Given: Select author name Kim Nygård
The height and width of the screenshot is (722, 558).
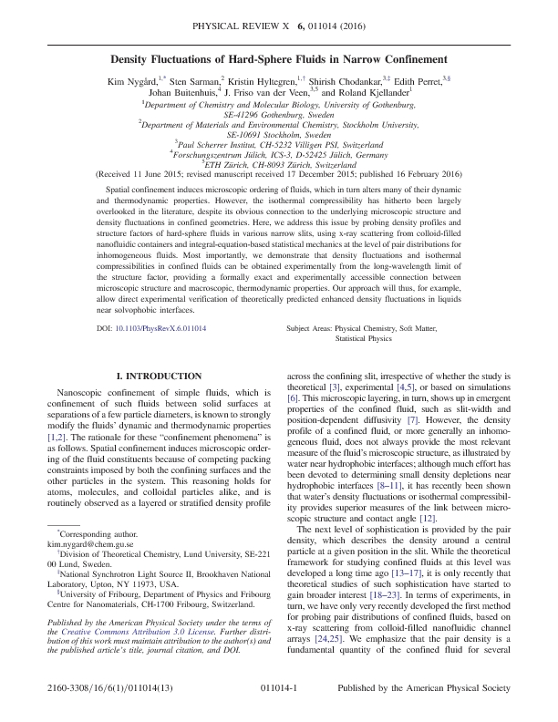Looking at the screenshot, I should coord(127,79).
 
